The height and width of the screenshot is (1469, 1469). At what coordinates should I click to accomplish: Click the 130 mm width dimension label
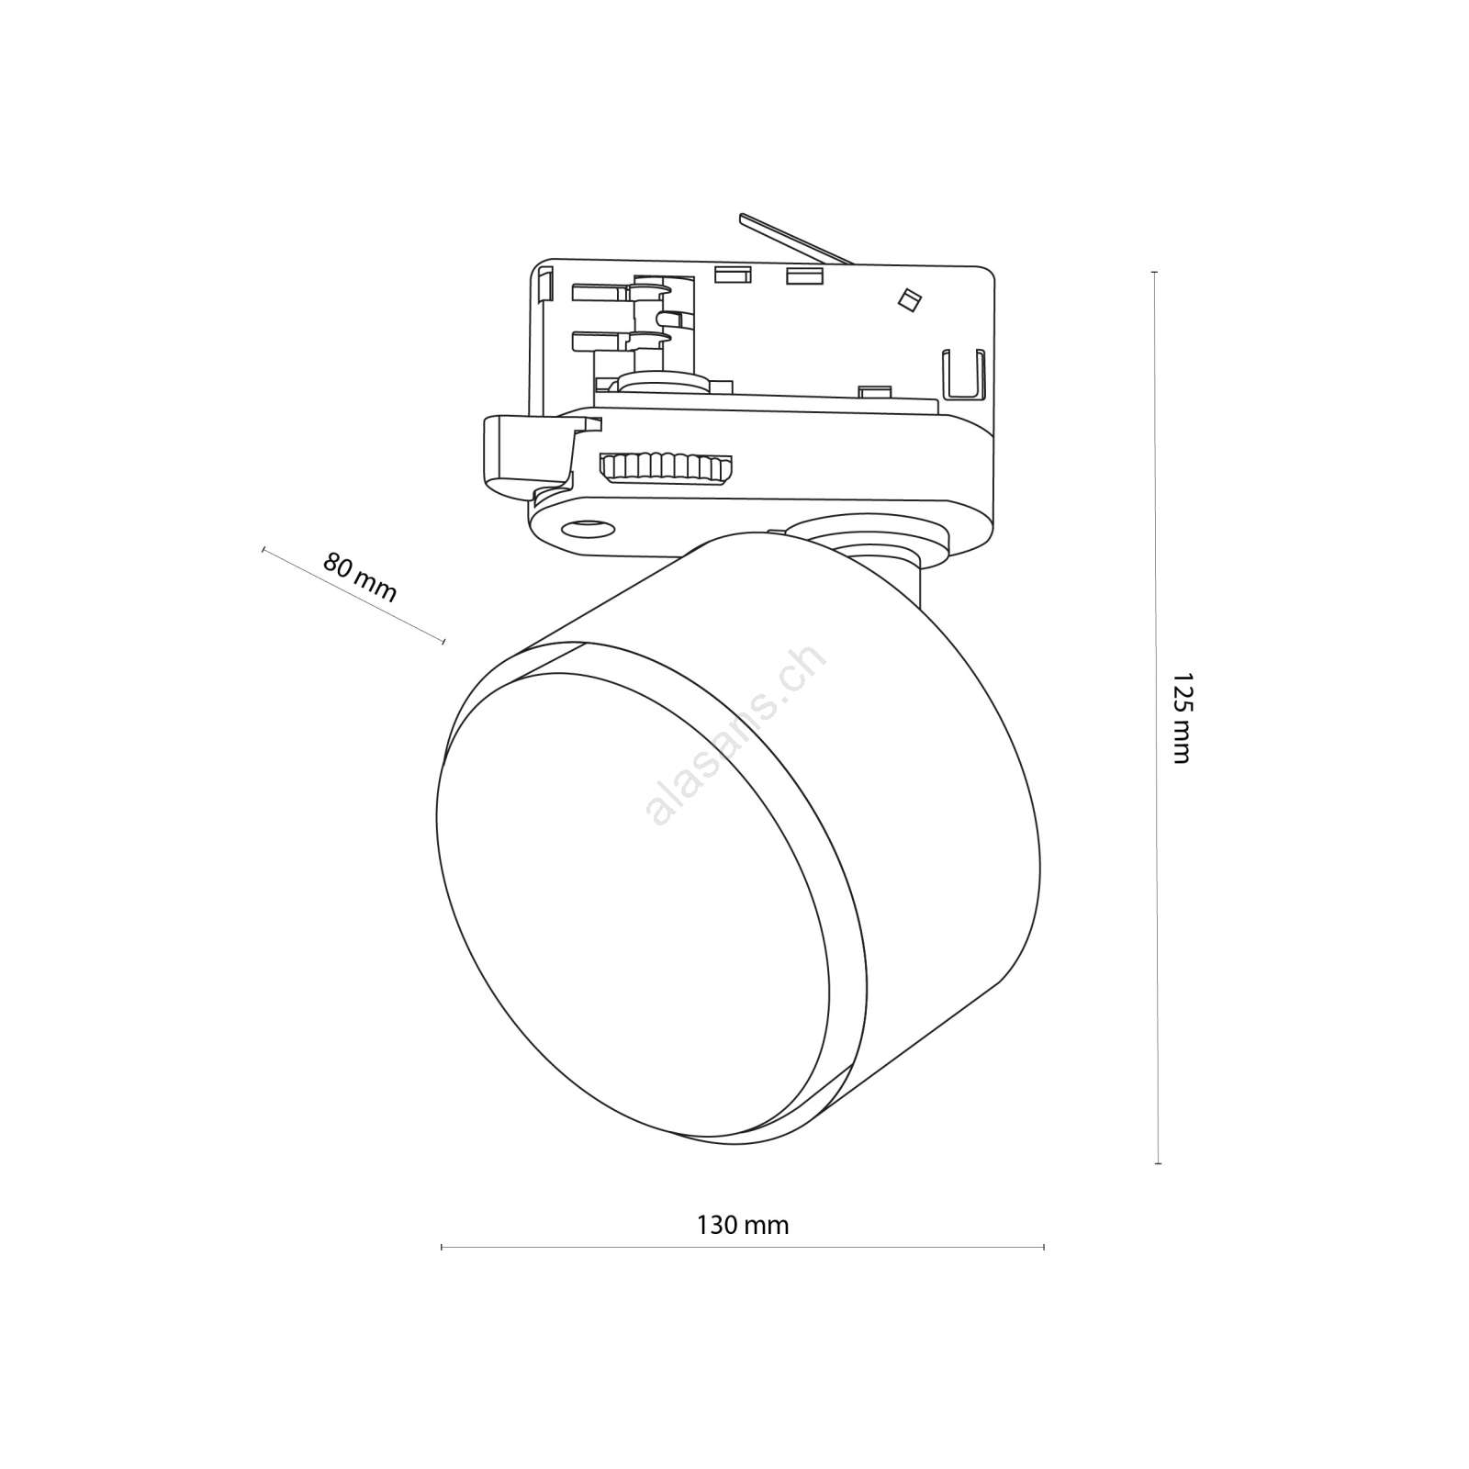743,1225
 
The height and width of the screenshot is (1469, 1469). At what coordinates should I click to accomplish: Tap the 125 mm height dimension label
1182,718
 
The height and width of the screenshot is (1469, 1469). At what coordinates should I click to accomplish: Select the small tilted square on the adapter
910,299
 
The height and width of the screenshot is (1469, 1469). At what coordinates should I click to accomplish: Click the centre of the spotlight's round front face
634,904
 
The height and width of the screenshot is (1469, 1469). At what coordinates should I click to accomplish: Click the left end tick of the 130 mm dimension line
442,1247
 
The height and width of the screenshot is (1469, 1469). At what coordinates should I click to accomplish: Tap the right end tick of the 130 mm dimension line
1044,1247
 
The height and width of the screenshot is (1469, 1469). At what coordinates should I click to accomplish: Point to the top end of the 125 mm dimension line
1154,273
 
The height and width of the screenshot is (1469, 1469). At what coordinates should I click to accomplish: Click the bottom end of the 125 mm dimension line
1158,1163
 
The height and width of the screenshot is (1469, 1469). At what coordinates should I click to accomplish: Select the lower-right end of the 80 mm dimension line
443,641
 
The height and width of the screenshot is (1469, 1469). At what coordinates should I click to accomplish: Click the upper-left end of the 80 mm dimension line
264,549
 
